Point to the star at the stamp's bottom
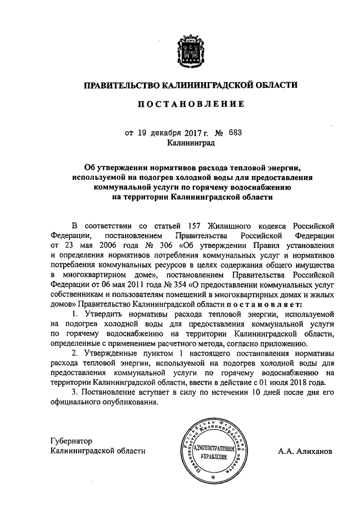[x=213, y=477]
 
